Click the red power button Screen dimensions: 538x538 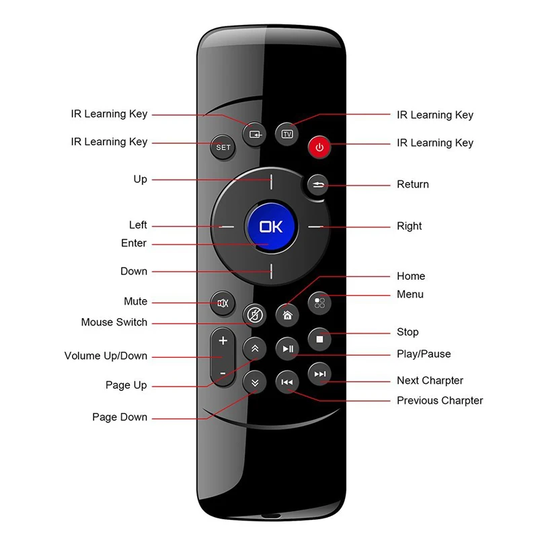319,147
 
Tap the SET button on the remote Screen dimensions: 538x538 223,147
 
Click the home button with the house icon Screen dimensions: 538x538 287,314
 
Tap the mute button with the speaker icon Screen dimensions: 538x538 223,303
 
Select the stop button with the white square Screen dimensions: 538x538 319,339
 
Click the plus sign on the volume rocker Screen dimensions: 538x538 223,341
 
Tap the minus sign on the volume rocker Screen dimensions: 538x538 223,372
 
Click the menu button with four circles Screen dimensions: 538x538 319,303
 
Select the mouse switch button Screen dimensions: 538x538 254,314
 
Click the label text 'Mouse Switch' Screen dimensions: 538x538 114,322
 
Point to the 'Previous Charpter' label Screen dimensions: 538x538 439,400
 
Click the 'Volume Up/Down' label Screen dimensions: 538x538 106,356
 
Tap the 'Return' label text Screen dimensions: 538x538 412,184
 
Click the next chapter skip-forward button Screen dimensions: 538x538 319,374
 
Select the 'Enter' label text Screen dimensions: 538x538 133,243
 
